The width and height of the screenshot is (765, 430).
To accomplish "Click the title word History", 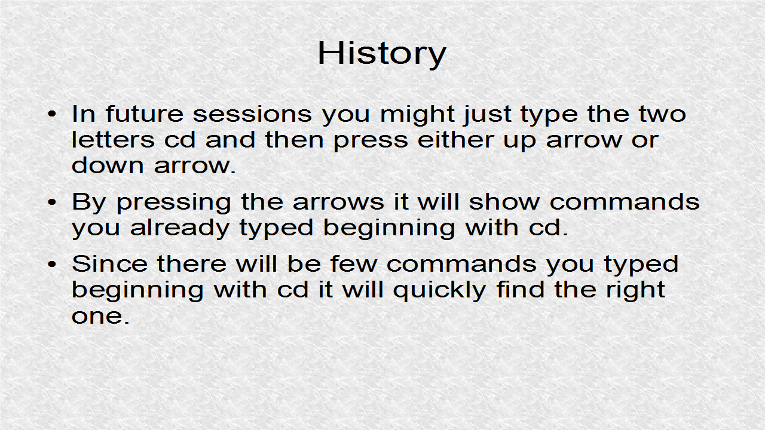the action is point(382,54).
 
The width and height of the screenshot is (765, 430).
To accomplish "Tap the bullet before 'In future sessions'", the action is point(51,114).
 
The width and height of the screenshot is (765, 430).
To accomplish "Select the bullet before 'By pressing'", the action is point(51,202).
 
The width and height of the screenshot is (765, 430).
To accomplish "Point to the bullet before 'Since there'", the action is point(51,264).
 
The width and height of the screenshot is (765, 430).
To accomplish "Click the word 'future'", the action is point(145,113).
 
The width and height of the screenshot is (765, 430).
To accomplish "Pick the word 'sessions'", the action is point(252,114).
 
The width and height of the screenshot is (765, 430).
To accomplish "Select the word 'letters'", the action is point(114,140).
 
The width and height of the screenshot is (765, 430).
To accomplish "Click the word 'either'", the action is point(455,140).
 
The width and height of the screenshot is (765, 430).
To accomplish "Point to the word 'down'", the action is point(108,165).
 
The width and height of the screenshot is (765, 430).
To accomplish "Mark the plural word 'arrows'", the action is point(338,202).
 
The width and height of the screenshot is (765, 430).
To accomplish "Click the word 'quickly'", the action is point(439,291).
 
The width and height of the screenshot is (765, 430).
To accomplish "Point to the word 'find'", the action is point(521,290).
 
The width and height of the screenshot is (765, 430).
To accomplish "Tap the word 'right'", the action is point(635,291).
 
